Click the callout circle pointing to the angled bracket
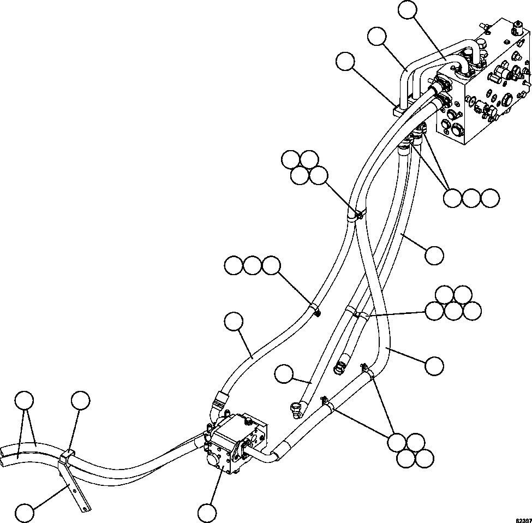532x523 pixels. point(26,513)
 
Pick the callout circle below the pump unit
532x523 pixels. point(207,513)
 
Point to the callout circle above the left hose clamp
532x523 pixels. point(80,400)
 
